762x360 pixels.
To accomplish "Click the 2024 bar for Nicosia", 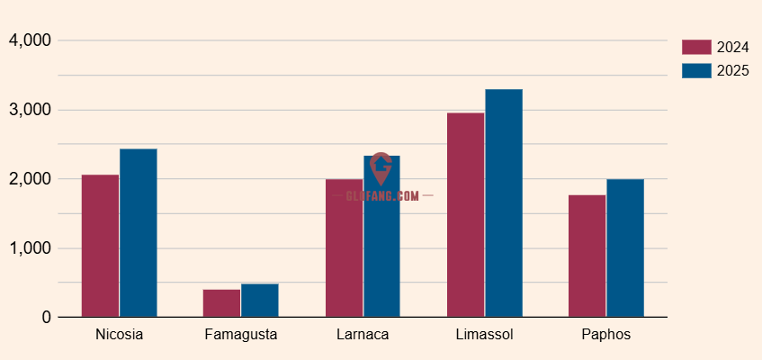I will [100, 246].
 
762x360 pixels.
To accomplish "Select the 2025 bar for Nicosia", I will [139, 233].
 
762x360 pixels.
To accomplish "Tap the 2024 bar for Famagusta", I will [221, 303].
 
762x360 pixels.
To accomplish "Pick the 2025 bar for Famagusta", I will [260, 301].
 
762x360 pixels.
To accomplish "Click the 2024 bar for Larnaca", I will [344, 248].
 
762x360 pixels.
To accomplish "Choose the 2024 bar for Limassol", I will [465, 215].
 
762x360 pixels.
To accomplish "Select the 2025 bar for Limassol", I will [504, 203].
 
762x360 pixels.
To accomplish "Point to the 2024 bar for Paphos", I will [587, 256].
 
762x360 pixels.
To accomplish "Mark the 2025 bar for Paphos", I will [625, 248].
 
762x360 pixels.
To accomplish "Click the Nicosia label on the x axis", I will [119, 335].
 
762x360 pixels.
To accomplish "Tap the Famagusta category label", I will [240, 335].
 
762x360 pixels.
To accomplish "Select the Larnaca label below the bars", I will [363, 335].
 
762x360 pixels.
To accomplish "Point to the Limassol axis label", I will [484, 335].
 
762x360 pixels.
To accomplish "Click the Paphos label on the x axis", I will [606, 335].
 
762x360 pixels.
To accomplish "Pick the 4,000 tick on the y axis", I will [31, 40].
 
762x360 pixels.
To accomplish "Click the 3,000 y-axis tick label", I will [31, 110].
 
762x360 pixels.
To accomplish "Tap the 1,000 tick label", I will [31, 248].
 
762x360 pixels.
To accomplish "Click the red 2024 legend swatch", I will [696, 48].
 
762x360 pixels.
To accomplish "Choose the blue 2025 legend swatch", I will [696, 70].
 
